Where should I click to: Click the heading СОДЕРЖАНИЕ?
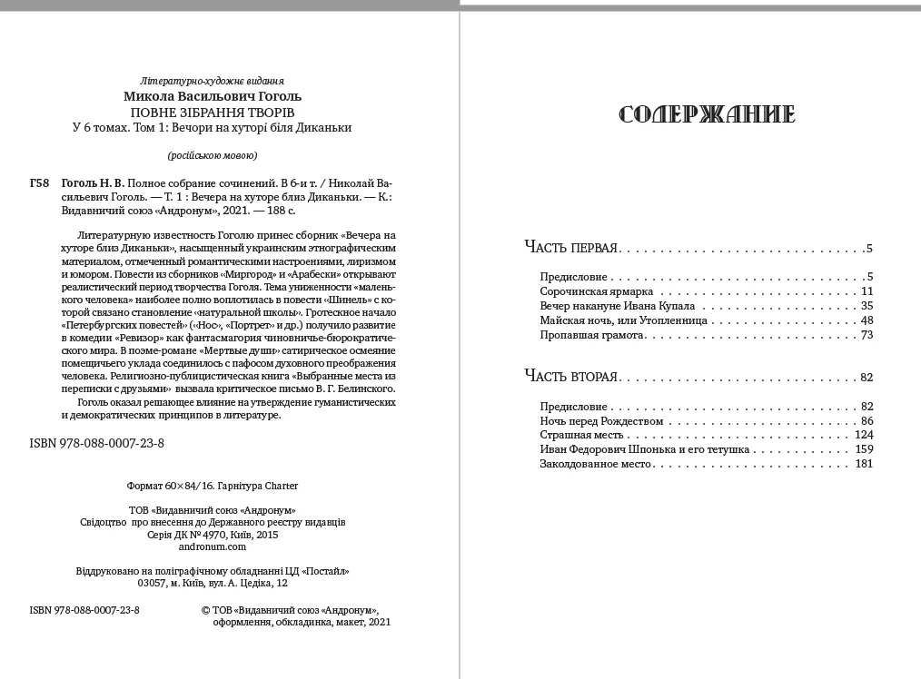coord(707,114)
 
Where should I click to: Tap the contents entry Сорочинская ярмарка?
coord(597,291)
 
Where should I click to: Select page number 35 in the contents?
coord(867,306)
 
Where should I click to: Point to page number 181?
coord(864,464)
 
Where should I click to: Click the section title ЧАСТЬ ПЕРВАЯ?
coord(572,248)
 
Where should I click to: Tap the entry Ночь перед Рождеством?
coord(601,420)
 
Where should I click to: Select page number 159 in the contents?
coord(864,449)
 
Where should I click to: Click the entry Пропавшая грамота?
coord(592,335)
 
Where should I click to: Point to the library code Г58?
coord(39,182)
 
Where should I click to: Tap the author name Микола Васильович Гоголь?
coord(213,96)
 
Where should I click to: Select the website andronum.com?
coord(213,546)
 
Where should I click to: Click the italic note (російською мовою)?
coord(213,153)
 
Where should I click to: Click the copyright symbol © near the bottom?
coord(204,610)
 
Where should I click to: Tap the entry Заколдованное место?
coord(596,464)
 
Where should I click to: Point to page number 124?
coord(864,435)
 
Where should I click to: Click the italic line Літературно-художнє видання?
coord(213,80)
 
